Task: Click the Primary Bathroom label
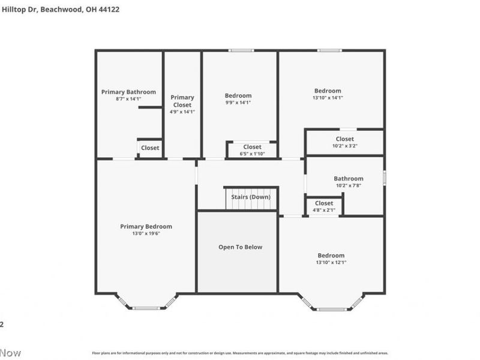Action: click(x=128, y=92)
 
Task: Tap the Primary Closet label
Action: click(x=182, y=101)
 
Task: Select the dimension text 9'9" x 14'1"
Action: click(x=238, y=103)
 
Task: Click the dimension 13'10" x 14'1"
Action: click(x=328, y=98)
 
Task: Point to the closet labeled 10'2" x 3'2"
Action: click(x=345, y=142)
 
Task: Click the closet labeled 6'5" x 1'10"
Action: click(x=252, y=150)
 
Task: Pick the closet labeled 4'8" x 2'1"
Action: click(x=324, y=206)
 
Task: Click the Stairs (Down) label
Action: click(x=251, y=197)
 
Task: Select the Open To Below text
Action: click(x=240, y=247)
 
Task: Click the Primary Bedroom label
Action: click(x=146, y=226)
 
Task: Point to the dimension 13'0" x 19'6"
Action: click(x=146, y=233)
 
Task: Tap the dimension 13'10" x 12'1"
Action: click(x=331, y=262)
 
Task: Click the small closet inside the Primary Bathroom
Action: click(x=150, y=148)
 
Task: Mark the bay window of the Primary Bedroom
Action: click(x=146, y=307)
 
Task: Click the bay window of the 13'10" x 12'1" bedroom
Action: click(x=331, y=308)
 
